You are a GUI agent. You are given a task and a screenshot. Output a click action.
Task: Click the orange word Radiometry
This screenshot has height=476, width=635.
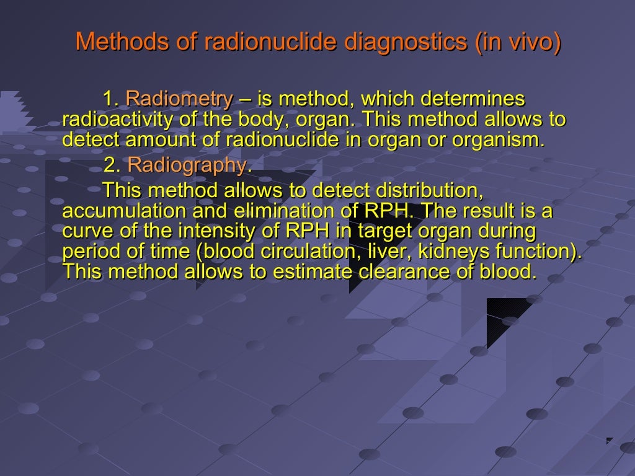(179, 99)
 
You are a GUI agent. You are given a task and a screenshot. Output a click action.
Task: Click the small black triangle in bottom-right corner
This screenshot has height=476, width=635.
(609, 441)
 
